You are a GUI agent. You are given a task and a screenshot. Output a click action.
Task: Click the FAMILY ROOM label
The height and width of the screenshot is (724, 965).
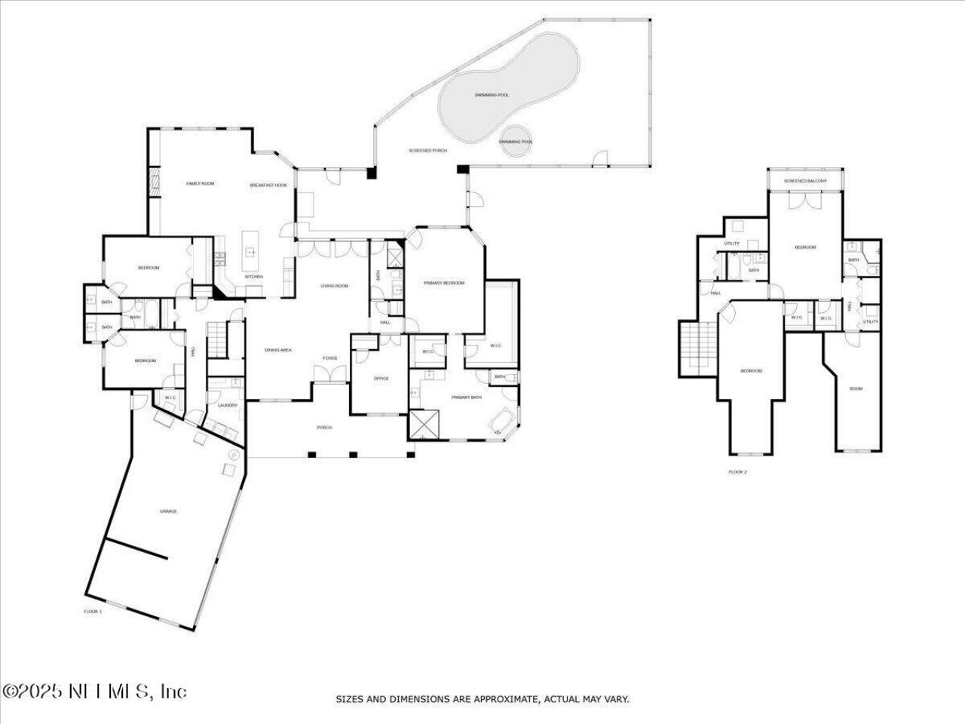point(201,184)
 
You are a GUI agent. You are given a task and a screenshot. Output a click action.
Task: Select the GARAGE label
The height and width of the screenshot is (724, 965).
point(168,512)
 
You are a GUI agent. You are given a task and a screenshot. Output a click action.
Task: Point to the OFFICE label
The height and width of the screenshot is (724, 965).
point(381,379)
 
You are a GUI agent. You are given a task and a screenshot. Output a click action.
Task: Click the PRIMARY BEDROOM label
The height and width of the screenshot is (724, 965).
point(444,284)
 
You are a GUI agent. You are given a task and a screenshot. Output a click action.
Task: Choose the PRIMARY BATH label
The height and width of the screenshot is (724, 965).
point(466,397)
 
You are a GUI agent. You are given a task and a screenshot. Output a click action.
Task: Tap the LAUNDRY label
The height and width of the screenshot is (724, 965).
point(227,406)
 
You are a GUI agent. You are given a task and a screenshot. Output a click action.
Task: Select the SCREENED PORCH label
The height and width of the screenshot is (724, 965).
point(428,151)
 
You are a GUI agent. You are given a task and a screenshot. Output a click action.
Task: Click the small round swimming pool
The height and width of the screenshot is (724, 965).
point(516,141)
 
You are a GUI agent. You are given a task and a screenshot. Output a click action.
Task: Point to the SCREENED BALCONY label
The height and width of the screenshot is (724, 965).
point(805,181)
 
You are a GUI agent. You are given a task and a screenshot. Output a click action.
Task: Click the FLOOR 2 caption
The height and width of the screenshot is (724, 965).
point(737,472)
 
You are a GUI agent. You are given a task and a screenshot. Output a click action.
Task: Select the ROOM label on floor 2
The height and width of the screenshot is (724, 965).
point(856,389)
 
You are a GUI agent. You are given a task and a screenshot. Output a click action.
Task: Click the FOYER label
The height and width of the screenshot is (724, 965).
point(330,358)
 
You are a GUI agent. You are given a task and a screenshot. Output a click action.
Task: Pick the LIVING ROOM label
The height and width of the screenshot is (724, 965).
point(334,286)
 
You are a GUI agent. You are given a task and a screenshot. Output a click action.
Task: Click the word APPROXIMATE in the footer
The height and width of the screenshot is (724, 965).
point(496,700)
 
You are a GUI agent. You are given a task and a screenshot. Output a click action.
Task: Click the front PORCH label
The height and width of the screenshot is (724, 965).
point(324,428)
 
